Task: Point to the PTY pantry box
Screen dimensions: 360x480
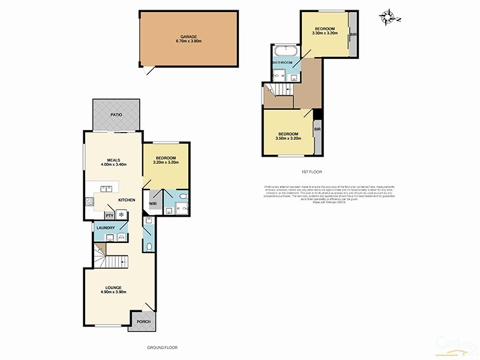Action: pyautogui.click(x=109, y=215)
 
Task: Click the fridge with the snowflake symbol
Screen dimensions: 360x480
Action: pyautogui.click(x=121, y=215)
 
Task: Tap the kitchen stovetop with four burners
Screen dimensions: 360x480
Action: pyautogui.click(x=90, y=201)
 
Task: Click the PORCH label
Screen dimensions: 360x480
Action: pyautogui.click(x=143, y=322)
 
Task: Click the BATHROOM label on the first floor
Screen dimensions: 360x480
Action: pyautogui.click(x=282, y=62)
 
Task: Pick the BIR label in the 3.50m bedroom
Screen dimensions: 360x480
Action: pyautogui.click(x=316, y=128)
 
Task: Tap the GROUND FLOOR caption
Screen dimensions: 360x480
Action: pyautogui.click(x=162, y=347)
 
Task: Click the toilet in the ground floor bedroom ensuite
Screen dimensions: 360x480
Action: pyautogui.click(x=184, y=196)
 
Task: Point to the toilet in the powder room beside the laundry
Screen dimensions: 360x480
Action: pyautogui.click(x=148, y=246)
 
